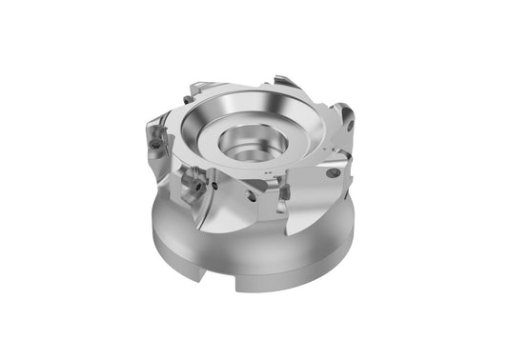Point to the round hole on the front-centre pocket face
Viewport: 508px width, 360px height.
(x=250, y=196)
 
